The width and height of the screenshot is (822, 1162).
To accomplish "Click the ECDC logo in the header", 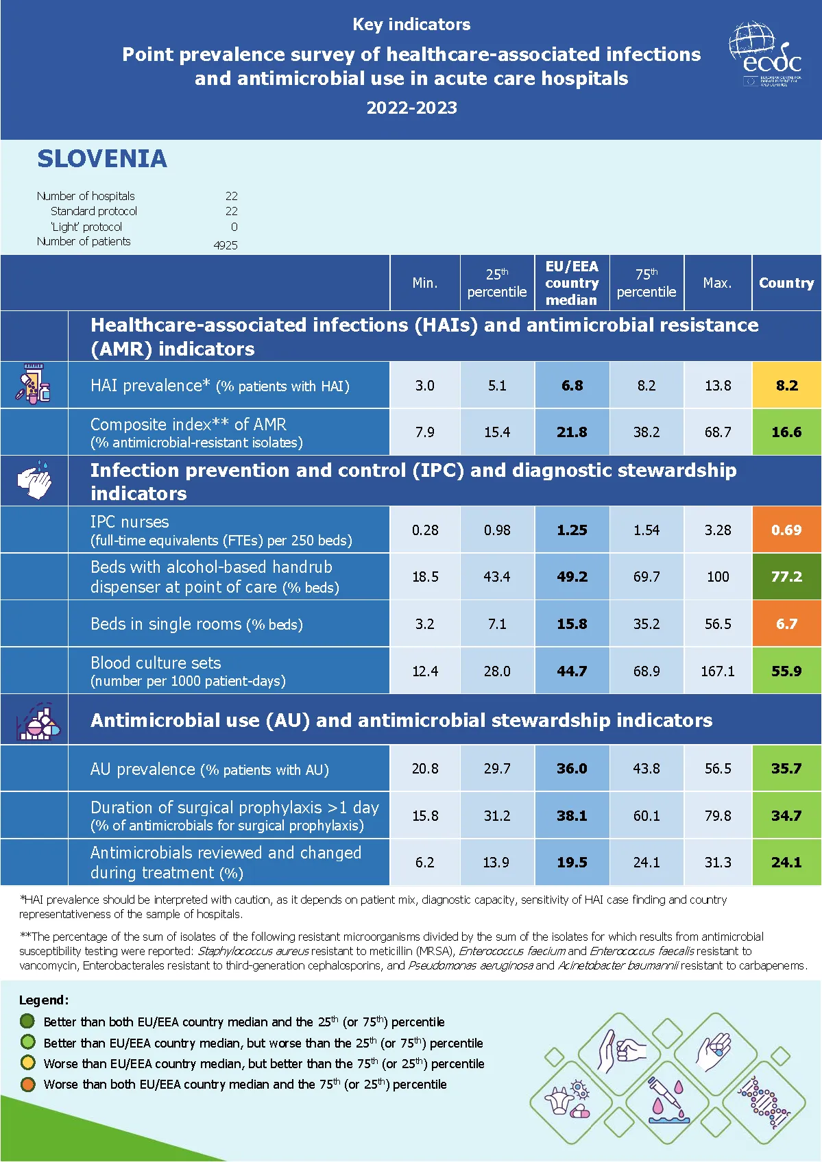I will tap(766, 55).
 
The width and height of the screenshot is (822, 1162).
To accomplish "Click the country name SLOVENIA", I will tap(102, 159).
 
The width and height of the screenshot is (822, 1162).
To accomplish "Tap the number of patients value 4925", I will tap(226, 245).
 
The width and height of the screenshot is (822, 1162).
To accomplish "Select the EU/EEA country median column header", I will tap(572, 283).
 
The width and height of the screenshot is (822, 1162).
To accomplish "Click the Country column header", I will tap(786, 283).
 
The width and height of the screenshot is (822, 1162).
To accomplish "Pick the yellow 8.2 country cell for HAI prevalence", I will tap(787, 385).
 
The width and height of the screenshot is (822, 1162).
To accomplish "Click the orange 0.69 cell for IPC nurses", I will tap(786, 530).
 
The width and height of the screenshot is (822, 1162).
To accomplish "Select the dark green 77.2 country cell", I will tap(786, 576).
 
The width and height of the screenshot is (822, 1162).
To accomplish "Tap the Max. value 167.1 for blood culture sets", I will tap(717, 671).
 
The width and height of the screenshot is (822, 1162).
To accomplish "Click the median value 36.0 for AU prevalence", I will tap(572, 768).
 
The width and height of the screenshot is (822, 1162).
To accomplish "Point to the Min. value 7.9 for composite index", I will tap(424, 432).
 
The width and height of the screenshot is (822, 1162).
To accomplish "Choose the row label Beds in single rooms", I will tap(196, 624).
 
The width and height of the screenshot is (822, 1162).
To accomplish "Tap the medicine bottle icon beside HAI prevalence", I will tap(33, 384).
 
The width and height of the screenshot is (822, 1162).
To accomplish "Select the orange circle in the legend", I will tap(28, 1084).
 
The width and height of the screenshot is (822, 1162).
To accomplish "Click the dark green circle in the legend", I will tap(28, 1021).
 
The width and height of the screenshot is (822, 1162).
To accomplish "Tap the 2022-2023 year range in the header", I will tap(411, 108).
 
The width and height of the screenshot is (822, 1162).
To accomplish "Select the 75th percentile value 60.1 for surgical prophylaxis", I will tap(646, 815).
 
